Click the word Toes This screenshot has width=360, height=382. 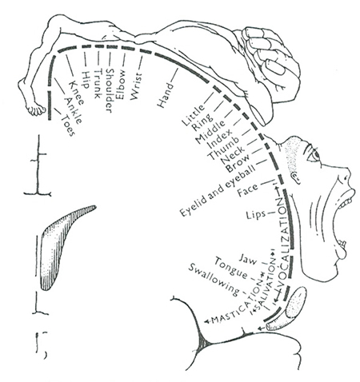point(67,125)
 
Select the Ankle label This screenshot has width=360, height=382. point(73,111)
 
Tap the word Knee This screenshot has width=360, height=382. point(77,93)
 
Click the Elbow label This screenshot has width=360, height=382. point(120,85)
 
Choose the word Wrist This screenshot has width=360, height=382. point(136,87)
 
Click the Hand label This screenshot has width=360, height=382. point(165,95)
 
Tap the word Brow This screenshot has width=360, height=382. point(238,163)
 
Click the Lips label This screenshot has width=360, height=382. point(256,215)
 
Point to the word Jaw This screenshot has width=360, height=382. point(248,259)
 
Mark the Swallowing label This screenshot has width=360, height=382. point(214,280)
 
